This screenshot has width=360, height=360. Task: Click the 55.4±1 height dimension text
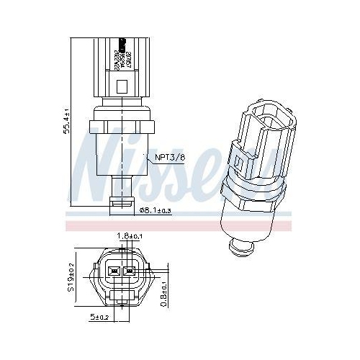click(x=67, y=122)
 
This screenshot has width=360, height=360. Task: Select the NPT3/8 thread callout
click(x=168, y=158)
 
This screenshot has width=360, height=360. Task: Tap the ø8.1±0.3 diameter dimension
click(x=156, y=210)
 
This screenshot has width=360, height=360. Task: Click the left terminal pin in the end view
click(x=113, y=272)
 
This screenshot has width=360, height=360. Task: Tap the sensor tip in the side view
click(x=120, y=205)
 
